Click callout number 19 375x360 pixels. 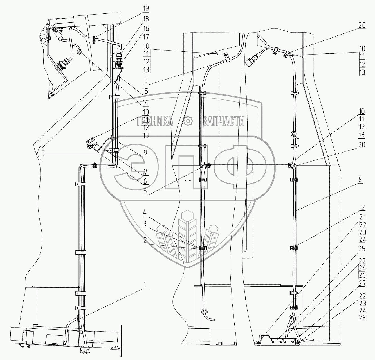[x=145, y=8]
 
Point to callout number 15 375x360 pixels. [x=145, y=91]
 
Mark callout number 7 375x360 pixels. [x=145, y=171]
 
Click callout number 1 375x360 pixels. [x=145, y=284]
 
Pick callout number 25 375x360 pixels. [x=362, y=249]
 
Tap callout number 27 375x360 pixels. [x=362, y=284]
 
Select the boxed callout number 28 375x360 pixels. [x=362, y=317]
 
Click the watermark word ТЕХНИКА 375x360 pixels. [x=155, y=121]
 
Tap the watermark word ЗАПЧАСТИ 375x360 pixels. [x=223, y=121]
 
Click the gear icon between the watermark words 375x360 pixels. [x=188, y=121]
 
